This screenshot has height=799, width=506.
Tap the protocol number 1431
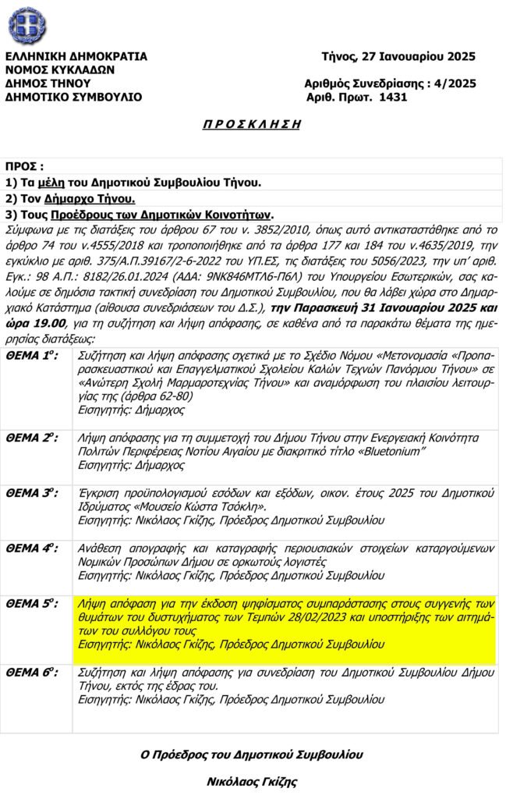coord(392,98)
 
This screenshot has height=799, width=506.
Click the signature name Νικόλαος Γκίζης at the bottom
coord(252,781)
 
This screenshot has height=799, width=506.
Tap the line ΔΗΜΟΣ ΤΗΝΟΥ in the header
coord(48,83)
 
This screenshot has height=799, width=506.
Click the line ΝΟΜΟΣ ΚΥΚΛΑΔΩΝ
coord(60,69)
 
